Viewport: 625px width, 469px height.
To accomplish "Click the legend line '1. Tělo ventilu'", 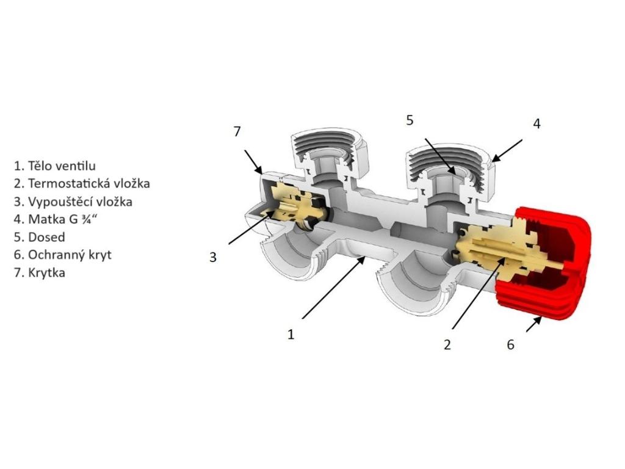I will (55, 165).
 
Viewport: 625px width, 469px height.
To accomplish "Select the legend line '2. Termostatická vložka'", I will (82, 183).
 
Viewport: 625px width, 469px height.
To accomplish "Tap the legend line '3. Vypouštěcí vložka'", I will (73, 201).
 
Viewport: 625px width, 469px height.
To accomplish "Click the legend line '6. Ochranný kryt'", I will (63, 255).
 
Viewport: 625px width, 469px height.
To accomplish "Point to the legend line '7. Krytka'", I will (39, 272).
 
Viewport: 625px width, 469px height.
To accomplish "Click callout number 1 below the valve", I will (291, 335).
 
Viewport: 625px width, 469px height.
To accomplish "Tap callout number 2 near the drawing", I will (447, 345).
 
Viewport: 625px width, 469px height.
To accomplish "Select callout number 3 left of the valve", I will (213, 257).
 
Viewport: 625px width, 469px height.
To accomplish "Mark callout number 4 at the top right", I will (536, 123).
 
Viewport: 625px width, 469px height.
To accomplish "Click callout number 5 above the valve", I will (410, 120).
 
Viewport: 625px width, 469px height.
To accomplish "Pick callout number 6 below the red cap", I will (510, 345).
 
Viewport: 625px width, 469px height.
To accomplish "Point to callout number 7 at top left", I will (237, 131).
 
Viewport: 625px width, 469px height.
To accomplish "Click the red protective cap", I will (549, 263).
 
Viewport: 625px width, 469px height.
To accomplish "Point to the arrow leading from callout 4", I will (508, 150).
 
